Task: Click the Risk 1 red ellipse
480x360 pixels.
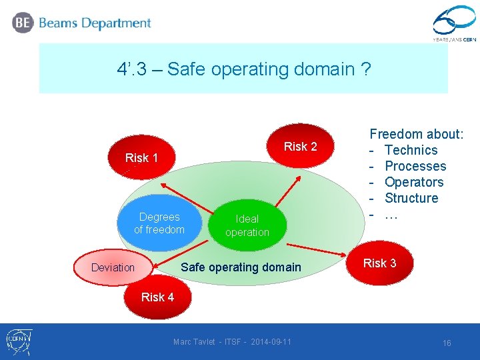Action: [141, 158]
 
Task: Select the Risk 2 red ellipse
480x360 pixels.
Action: [301, 147]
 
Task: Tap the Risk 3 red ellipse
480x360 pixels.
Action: [379, 263]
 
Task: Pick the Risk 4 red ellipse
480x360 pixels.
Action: [157, 297]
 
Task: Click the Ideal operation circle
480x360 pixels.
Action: [247, 225]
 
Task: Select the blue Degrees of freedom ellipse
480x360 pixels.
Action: [159, 223]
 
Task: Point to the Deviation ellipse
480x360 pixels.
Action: [113, 268]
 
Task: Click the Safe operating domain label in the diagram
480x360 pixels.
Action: [241, 267]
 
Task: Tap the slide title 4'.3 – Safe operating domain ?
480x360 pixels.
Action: [243, 69]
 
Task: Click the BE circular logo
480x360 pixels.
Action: [22, 23]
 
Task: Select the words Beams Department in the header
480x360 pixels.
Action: [95, 23]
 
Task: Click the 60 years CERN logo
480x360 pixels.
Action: [454, 25]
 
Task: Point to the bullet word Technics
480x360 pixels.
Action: [411, 150]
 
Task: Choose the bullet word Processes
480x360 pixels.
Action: [415, 166]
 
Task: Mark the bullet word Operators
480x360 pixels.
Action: [413, 182]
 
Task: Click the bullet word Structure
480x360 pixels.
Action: [411, 198]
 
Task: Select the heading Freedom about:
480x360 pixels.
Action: [417, 134]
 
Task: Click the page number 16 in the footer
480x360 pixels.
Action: [447, 343]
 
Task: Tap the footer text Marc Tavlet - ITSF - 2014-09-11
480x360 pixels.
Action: [232, 342]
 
